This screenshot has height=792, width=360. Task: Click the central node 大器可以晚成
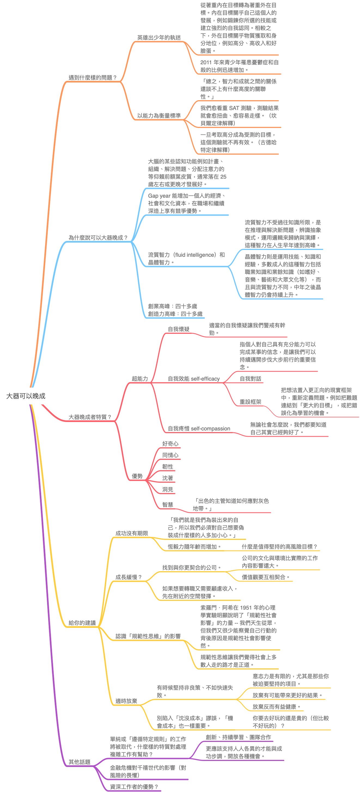(x=26, y=396)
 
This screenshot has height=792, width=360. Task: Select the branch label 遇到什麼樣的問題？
(x=93, y=78)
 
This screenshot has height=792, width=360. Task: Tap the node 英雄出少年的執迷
(x=159, y=38)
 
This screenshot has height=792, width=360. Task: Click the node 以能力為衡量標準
(x=159, y=116)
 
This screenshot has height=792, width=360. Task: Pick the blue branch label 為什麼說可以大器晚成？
(x=98, y=238)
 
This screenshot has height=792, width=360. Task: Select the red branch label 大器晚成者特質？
(x=90, y=417)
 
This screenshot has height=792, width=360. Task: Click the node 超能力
(x=140, y=379)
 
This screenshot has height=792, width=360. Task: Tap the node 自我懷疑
(x=179, y=329)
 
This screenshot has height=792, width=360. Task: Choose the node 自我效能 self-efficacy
(x=194, y=379)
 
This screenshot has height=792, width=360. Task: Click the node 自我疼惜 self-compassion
(x=199, y=429)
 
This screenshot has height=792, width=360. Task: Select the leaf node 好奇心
(x=170, y=444)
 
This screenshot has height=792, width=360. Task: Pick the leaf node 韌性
(x=167, y=467)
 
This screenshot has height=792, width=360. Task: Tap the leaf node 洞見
(x=167, y=490)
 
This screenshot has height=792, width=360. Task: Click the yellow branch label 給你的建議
(x=82, y=623)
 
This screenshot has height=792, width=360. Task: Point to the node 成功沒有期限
(x=132, y=533)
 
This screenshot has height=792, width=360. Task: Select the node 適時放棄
(x=126, y=701)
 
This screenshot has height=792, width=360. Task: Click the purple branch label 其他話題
(x=79, y=762)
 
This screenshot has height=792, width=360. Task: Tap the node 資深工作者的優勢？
(x=134, y=787)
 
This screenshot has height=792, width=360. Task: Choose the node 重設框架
(x=251, y=402)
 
